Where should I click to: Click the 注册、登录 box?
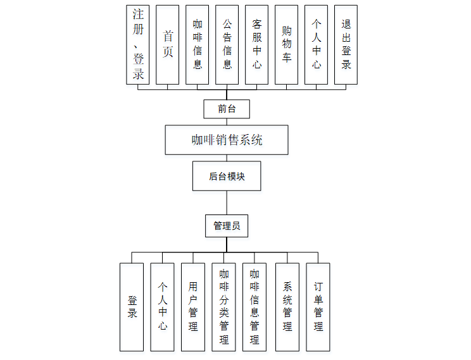pyautogui.click(x=139, y=45)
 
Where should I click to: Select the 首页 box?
pyautogui.click(x=168, y=45)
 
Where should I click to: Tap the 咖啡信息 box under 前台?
pyautogui.click(x=198, y=45)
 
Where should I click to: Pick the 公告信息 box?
pyautogui.click(x=227, y=45)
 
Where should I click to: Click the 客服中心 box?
pyautogui.click(x=257, y=45)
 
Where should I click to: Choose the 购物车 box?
pyautogui.click(x=287, y=45)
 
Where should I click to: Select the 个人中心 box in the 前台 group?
pyautogui.click(x=317, y=45)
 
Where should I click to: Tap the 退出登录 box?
pyautogui.click(x=346, y=45)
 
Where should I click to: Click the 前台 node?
pyautogui.click(x=227, y=109)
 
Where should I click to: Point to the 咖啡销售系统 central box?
pyautogui.click(x=227, y=140)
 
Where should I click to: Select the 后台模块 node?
pyautogui.click(x=227, y=177)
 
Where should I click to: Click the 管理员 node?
pyautogui.click(x=227, y=226)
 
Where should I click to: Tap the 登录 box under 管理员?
pyautogui.click(x=132, y=307)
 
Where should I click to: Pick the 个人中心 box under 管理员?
pyautogui.click(x=163, y=307)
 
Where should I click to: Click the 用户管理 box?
pyautogui.click(x=193, y=307)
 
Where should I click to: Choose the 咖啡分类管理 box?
pyautogui.click(x=224, y=307)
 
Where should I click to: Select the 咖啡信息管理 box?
pyautogui.click(x=254, y=307)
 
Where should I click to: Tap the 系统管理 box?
pyautogui.click(x=287, y=307)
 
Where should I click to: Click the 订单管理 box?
pyautogui.click(x=318, y=307)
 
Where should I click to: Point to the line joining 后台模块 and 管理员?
pyautogui.click(x=227, y=203)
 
